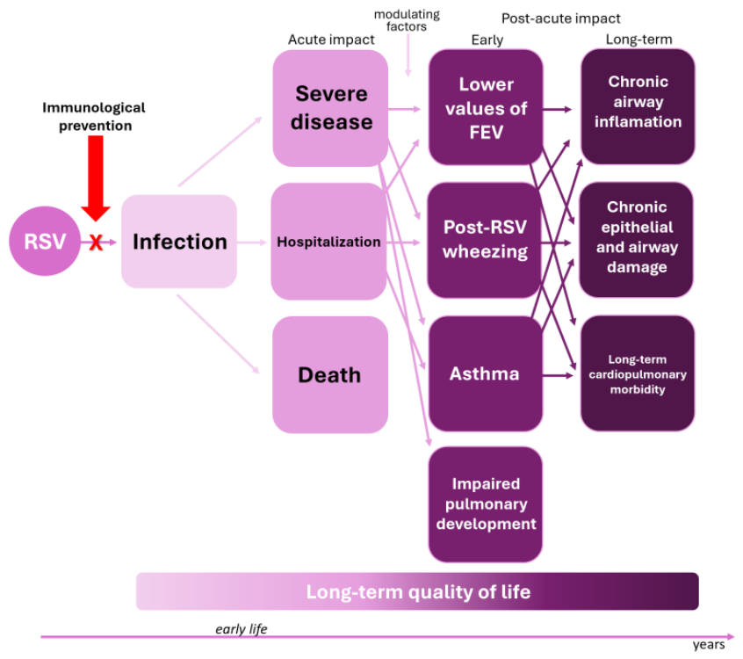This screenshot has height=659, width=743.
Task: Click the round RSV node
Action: (x=45, y=241)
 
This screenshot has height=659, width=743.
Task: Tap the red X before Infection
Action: (x=96, y=243)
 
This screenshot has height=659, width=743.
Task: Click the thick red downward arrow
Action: (x=96, y=178)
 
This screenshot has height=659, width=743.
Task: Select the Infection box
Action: (x=179, y=242)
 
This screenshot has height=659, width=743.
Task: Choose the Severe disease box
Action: (x=330, y=108)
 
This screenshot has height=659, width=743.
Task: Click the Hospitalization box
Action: (x=328, y=242)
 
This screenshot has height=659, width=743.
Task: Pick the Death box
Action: (x=330, y=374)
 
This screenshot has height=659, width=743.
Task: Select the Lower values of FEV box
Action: (x=486, y=107)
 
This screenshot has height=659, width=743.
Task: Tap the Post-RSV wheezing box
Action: (x=484, y=240)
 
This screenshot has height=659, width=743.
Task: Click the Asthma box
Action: (x=485, y=373)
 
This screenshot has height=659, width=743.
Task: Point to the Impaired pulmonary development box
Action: (x=485, y=504)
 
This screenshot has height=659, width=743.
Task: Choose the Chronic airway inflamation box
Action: (x=638, y=106)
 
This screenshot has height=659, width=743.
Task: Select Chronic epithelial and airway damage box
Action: (x=637, y=239)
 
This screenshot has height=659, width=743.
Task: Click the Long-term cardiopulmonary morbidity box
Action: (x=638, y=373)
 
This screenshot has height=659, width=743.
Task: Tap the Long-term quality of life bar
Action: (x=417, y=591)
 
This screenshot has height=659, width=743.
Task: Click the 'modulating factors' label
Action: (x=407, y=20)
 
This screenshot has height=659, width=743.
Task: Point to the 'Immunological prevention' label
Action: (x=94, y=117)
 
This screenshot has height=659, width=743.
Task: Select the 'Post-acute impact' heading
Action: (x=560, y=18)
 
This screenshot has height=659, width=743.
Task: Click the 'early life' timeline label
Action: (x=242, y=629)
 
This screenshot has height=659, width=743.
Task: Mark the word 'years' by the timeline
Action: (x=709, y=645)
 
